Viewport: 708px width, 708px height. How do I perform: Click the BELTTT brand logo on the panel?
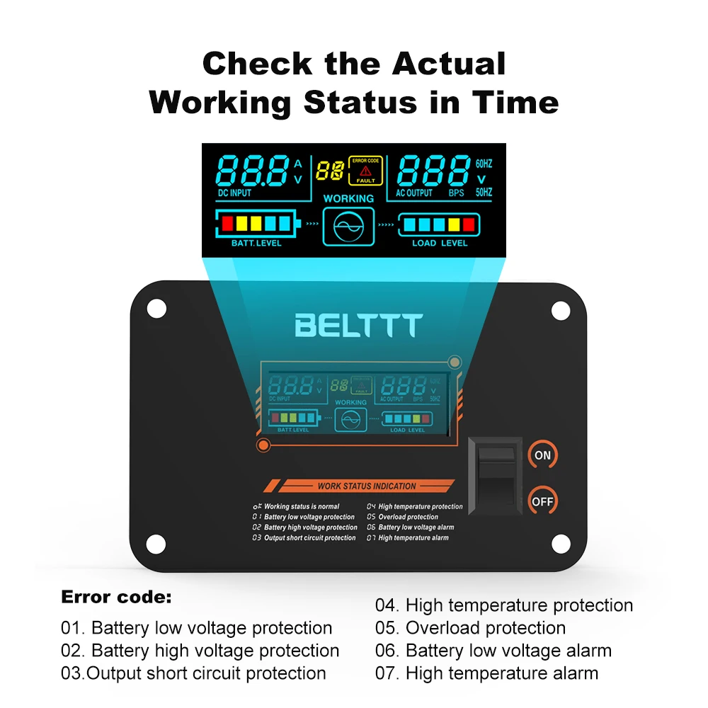click(358, 325)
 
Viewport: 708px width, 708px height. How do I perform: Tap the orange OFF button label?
click(542, 501)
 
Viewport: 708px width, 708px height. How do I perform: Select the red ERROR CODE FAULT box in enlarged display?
click(365, 170)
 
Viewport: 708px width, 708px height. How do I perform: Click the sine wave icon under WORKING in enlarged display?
click(348, 227)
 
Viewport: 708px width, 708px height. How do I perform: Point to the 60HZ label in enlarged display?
click(484, 164)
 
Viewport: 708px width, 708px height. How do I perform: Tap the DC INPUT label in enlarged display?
click(234, 193)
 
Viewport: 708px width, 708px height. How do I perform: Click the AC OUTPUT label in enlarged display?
click(415, 193)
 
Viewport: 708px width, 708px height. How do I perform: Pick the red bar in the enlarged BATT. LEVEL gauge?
click(228, 224)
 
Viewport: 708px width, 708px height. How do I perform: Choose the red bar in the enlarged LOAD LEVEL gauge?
click(469, 224)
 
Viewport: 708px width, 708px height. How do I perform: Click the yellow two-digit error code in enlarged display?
click(331, 170)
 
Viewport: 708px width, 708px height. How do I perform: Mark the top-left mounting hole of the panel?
click(156, 309)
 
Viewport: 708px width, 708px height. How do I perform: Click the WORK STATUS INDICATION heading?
click(366, 486)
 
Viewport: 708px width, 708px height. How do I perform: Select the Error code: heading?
click(116, 597)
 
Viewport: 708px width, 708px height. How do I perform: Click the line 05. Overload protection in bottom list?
click(470, 628)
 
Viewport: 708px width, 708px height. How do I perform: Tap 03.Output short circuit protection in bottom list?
click(193, 673)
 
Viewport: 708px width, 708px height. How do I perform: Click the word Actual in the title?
click(450, 64)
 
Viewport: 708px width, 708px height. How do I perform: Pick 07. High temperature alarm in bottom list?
click(486, 673)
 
